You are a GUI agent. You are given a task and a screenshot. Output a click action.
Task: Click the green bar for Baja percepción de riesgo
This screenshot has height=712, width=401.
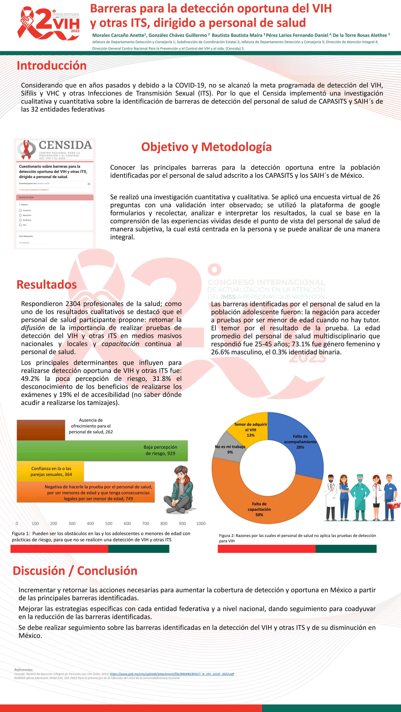[x=83, y=451]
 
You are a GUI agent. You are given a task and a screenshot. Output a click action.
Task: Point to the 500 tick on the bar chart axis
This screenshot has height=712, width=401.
[x=109, y=523]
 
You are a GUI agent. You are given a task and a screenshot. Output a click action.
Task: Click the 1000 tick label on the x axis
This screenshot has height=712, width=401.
[x=201, y=523]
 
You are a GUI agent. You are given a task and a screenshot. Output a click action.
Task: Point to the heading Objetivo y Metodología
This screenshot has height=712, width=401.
[x=207, y=147]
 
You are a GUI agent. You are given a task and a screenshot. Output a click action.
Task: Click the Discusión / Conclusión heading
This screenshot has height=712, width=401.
[x=75, y=571]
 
